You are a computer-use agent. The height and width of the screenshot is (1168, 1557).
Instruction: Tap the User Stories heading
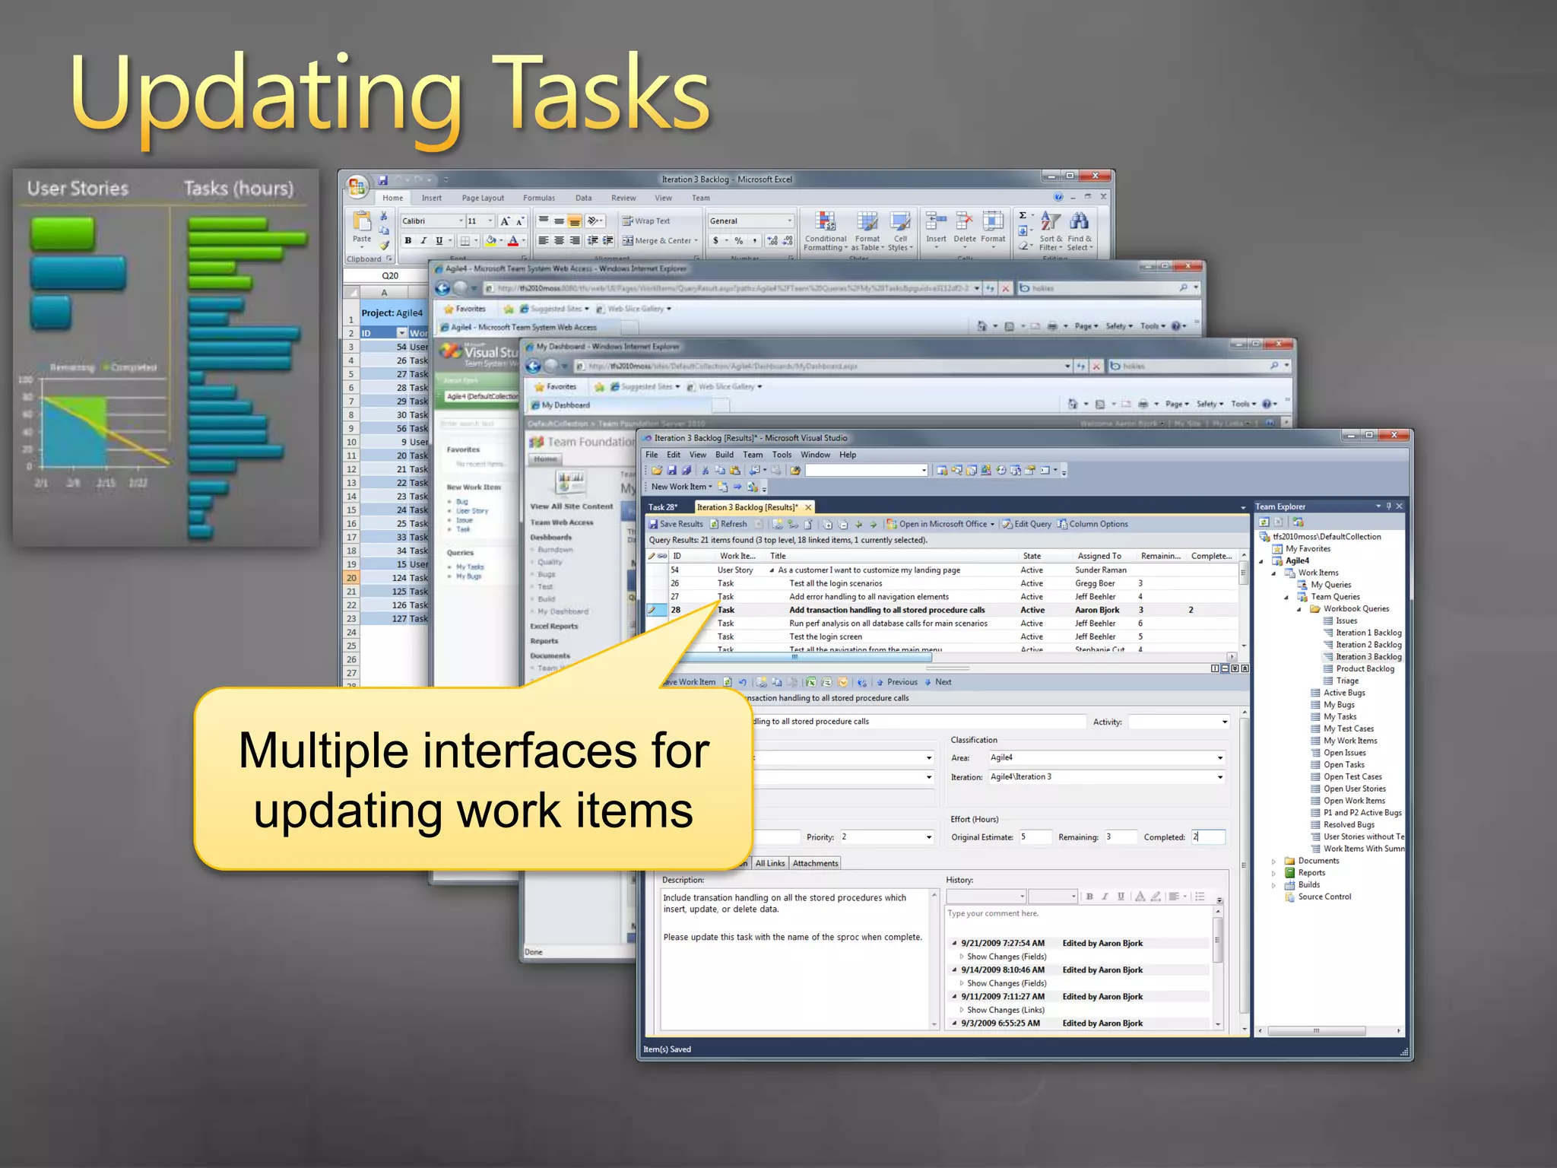[78, 189]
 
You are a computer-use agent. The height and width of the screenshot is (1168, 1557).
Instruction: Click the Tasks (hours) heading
[238, 189]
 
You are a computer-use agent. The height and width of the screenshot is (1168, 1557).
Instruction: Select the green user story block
[63, 233]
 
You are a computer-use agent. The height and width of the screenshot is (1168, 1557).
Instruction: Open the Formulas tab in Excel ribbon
[538, 198]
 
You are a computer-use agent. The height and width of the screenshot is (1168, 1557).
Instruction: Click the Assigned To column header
[1099, 556]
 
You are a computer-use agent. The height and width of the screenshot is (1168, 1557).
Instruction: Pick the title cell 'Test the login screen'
[825, 636]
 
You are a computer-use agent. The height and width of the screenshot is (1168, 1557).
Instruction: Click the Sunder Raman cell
[1100, 570]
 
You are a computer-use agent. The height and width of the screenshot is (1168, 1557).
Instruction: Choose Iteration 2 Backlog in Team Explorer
[1368, 645]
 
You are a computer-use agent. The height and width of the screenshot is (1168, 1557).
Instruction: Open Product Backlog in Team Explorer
[1365, 668]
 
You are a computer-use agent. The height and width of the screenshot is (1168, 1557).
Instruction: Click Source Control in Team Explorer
[1324, 897]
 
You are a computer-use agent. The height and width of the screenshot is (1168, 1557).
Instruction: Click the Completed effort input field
[1207, 836]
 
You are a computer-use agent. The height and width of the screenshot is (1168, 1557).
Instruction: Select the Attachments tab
[815, 863]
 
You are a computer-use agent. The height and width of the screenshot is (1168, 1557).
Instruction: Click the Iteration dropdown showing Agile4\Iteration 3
[1105, 777]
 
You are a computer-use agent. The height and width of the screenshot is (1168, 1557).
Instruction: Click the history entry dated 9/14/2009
[1002, 970]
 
